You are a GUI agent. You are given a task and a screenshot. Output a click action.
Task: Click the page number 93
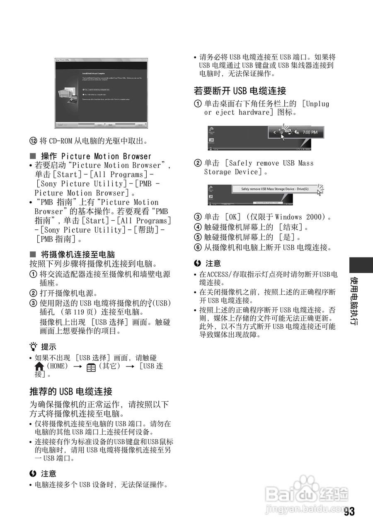[349, 512]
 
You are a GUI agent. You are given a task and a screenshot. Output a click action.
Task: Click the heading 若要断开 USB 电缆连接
[240, 91]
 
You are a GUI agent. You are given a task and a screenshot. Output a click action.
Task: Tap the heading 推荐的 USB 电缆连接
[71, 391]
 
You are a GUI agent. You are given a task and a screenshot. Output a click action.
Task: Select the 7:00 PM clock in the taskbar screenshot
[310, 132]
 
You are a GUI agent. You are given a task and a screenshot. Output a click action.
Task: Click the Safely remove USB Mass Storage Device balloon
[274, 189]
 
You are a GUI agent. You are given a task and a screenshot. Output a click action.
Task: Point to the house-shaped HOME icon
[39, 366]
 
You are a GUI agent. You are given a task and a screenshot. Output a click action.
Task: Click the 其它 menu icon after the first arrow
[91, 367]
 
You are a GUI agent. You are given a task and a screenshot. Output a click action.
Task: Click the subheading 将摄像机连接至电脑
[78, 254]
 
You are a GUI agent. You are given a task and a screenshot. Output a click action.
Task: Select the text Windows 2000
[300, 217]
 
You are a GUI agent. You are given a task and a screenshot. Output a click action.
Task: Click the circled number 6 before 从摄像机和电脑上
[198, 248]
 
